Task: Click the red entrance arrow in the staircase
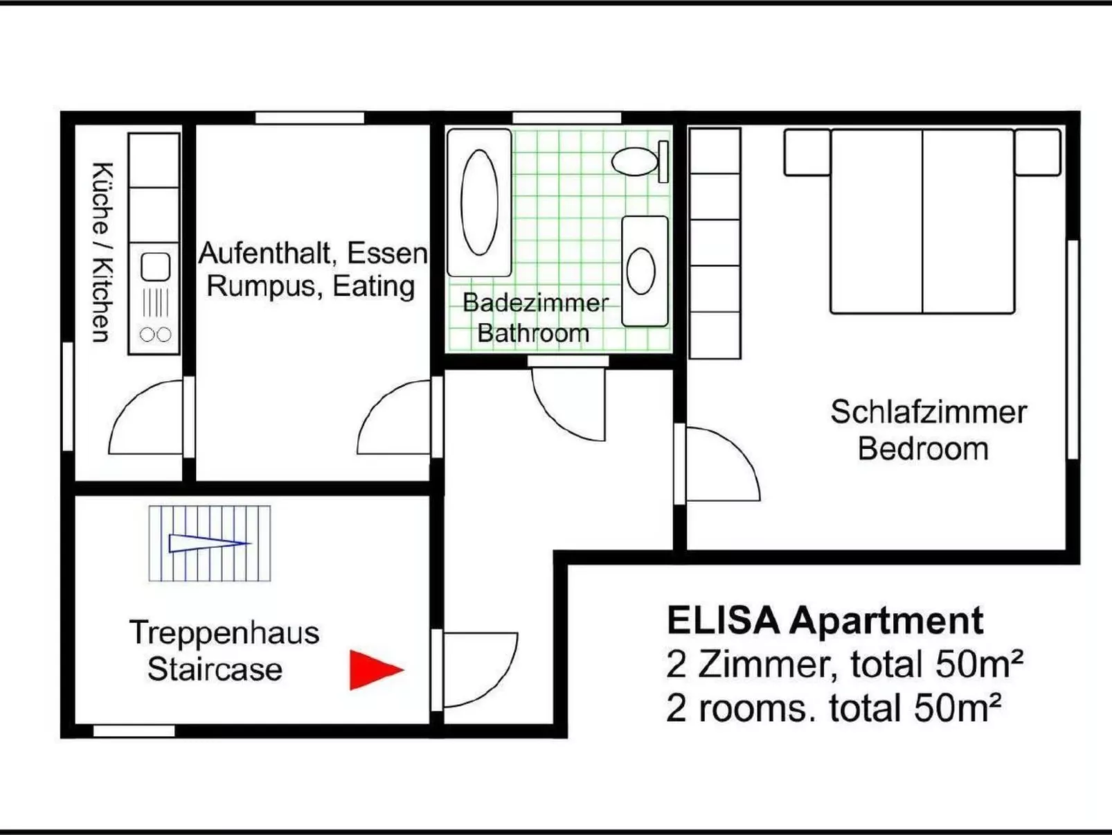point(374,670)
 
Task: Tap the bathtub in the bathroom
point(479,202)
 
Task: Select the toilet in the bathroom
point(636,161)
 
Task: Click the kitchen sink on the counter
point(155,267)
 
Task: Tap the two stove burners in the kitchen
point(155,335)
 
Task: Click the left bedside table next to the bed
point(807,152)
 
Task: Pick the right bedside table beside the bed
point(1037,152)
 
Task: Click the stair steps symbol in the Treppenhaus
point(209,543)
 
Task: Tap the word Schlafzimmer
point(928,412)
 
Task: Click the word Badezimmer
point(535,303)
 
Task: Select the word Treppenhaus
point(224,633)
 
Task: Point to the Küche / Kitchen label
point(101,252)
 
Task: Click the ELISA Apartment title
point(824,620)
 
